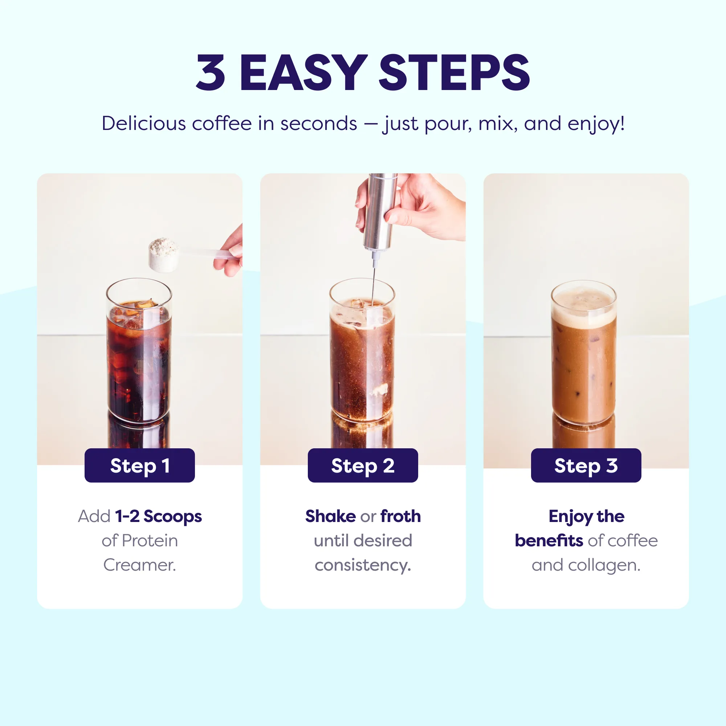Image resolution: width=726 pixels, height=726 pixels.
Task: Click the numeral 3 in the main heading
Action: coord(211,73)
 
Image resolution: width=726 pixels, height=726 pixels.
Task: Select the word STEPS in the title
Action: coord(454,73)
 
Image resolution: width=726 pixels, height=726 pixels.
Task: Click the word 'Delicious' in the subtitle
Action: coord(143,123)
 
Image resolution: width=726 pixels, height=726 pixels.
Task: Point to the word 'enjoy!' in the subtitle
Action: coord(596,124)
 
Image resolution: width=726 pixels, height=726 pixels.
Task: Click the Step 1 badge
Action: coord(140,465)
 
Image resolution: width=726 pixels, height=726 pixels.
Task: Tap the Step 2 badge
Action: coord(363,465)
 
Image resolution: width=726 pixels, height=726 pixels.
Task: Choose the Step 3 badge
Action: coord(586,465)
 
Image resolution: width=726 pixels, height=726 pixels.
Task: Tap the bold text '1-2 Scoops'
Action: coord(159,516)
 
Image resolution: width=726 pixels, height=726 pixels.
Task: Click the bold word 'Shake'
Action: coord(330,516)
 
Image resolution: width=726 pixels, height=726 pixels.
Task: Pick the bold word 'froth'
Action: coord(401,516)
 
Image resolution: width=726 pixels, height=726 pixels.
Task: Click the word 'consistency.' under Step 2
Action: coord(363,565)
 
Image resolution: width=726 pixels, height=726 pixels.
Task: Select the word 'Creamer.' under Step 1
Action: coord(140,565)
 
